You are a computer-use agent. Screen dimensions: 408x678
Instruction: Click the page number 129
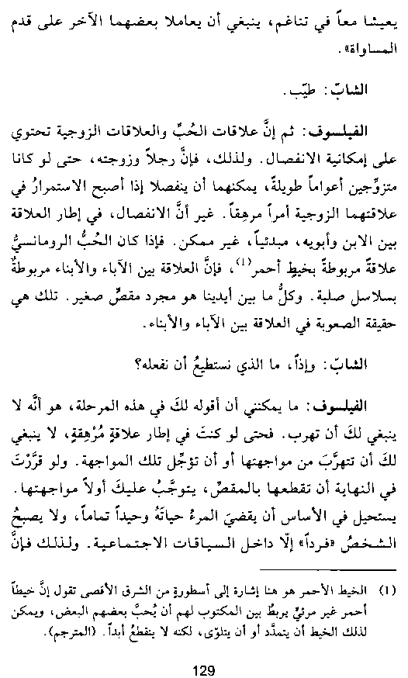[202, 651]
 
